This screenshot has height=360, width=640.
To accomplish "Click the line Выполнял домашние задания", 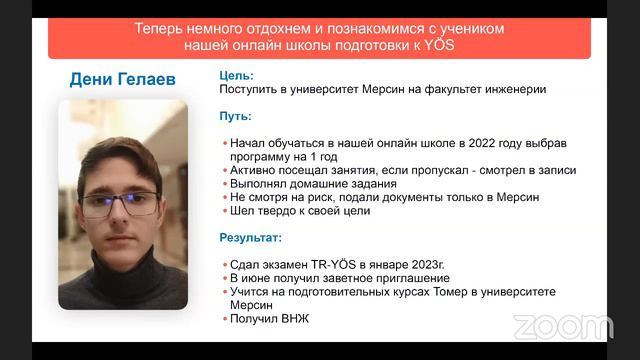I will coord(312,184).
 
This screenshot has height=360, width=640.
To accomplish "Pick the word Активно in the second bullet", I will coord(254,170).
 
